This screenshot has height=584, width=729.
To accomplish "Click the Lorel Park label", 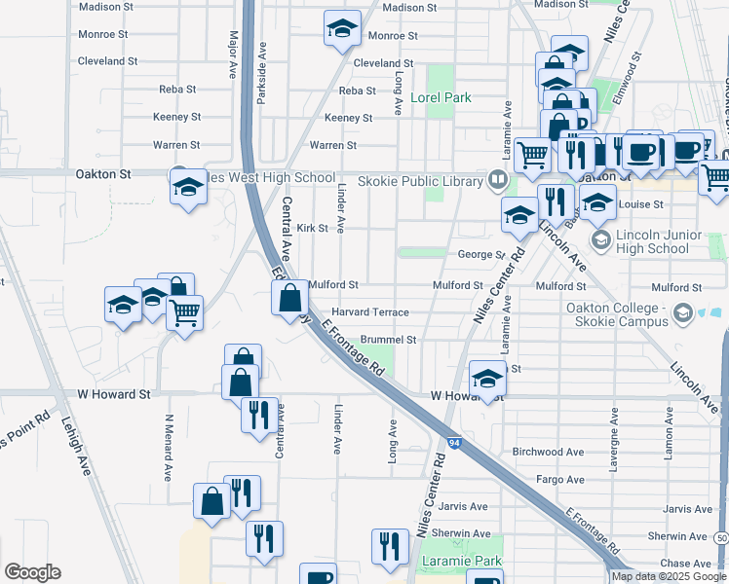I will pyautogui.click(x=441, y=97).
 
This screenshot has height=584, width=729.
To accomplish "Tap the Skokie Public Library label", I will pyautogui.click(x=420, y=181).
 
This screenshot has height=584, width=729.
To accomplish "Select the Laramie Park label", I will pyautogui.click(x=460, y=562).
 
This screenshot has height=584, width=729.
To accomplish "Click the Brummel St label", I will pyautogui.click(x=388, y=340).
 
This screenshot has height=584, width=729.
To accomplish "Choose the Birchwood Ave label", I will pyautogui.click(x=547, y=452).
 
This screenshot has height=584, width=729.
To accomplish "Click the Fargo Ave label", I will pyautogui.click(x=560, y=480).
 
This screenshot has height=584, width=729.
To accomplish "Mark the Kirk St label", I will pyautogui.click(x=311, y=228).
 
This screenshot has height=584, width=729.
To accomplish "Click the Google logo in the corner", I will pyautogui.click(x=32, y=572).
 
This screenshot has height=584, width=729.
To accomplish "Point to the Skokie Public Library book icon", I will pyautogui.click(x=497, y=180).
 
